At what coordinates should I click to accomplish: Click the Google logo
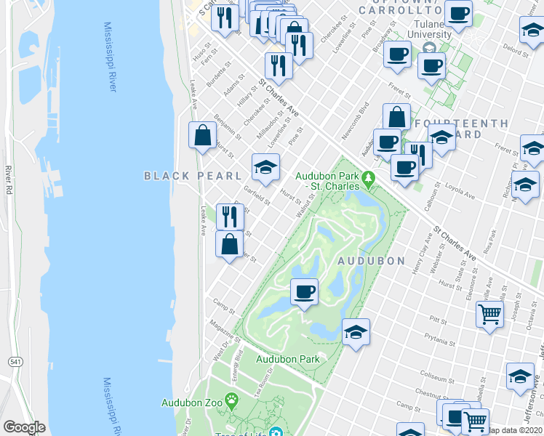click(x=25, y=427)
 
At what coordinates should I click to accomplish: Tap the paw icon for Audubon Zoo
click(x=232, y=400)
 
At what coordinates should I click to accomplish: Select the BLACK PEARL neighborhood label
click(x=192, y=176)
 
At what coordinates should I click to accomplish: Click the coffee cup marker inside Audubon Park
click(x=304, y=292)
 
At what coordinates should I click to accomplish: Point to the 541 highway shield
click(x=15, y=361)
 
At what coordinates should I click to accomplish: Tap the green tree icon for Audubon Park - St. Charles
click(x=369, y=178)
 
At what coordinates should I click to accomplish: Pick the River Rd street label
click(x=9, y=179)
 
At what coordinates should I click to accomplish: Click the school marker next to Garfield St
click(x=265, y=167)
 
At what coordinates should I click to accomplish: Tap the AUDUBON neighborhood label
click(x=369, y=260)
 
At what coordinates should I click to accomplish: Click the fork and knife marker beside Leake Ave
click(x=229, y=216)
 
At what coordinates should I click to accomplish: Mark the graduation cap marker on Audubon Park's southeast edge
click(x=356, y=333)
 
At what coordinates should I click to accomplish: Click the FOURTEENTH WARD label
click(x=461, y=129)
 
